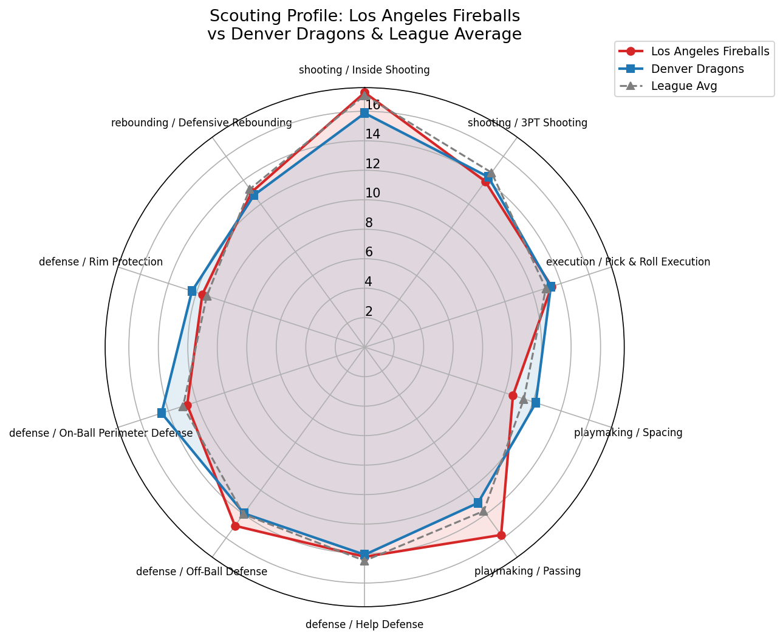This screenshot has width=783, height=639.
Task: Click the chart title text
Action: coord(364,25)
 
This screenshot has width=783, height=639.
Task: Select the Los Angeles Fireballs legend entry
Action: coord(709,51)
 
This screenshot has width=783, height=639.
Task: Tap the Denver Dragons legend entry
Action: coord(697,69)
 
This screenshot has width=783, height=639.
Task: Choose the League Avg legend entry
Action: coord(683,86)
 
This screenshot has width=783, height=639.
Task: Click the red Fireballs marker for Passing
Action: coord(501,535)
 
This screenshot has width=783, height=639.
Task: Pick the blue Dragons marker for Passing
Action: coord(477,502)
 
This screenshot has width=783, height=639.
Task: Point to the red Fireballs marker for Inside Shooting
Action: coord(364,92)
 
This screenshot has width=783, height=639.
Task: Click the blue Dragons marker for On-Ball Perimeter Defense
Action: coord(162,413)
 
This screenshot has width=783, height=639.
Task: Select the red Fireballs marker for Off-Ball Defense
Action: coord(235,526)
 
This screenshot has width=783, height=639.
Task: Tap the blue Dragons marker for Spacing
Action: coord(535,403)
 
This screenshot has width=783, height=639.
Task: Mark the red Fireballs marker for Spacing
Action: coord(513,396)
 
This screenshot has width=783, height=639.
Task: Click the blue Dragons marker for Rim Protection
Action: coord(192,291)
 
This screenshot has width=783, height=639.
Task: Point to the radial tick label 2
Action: coord(369,312)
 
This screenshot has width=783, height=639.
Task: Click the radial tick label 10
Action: coord(372,194)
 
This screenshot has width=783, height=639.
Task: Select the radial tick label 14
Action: coord(372,134)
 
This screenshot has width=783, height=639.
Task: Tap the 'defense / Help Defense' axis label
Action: coord(364,624)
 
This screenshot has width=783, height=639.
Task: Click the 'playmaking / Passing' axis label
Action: coord(527,571)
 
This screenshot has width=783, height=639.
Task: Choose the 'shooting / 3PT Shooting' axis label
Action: coord(527,123)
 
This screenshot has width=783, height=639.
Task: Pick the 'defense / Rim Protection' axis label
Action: coord(101,262)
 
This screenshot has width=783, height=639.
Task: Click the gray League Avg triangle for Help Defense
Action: coord(364,560)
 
